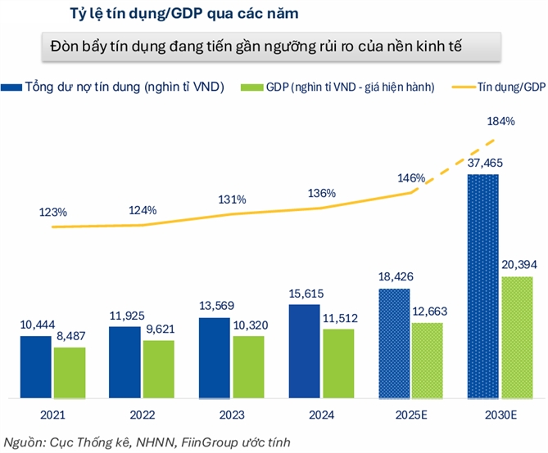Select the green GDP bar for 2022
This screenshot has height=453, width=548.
coord(159,369)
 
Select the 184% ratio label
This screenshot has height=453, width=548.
coord(500,122)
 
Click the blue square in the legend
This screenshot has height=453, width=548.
coord(11,86)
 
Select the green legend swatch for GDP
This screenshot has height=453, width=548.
coord(251,86)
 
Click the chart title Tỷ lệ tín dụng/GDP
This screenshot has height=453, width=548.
coord(156,14)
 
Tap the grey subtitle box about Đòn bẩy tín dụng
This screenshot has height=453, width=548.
coord(268,46)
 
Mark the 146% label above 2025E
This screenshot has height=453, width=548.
coord(410,177)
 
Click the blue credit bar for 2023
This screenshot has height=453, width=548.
coord(215,357)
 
